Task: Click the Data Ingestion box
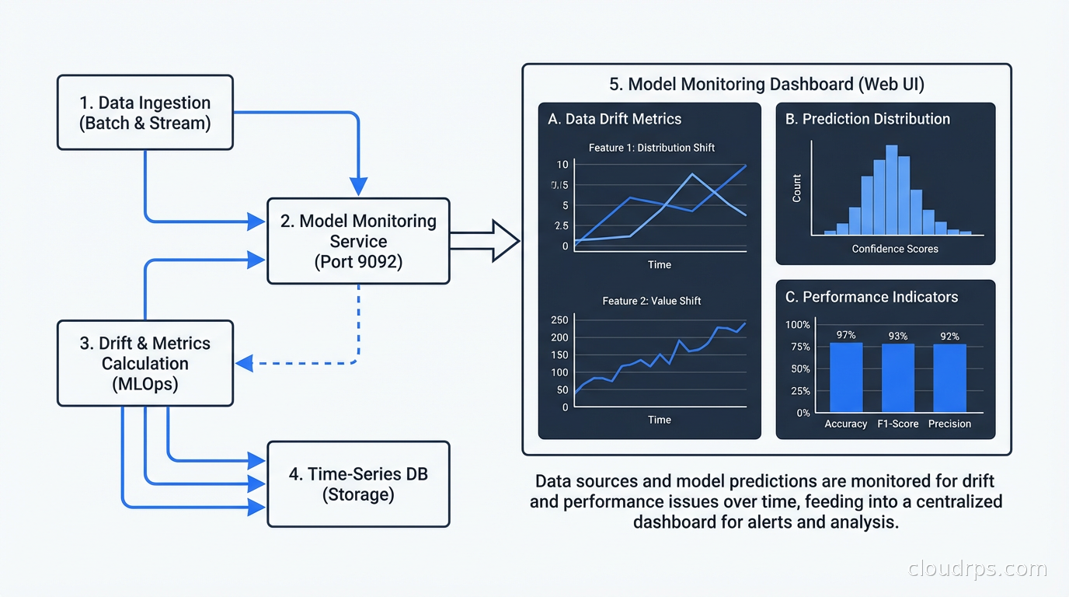(145, 113)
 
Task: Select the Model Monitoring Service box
(358, 241)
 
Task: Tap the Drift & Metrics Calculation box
(145, 363)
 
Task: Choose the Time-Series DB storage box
(358, 484)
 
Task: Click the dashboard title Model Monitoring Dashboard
(765, 84)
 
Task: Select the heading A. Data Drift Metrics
(614, 119)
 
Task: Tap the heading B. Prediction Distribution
(867, 119)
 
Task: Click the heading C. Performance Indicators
(871, 297)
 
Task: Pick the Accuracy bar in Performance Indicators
(846, 377)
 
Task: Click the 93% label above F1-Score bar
(898, 336)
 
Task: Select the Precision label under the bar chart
(949, 424)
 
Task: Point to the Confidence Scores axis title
(895, 249)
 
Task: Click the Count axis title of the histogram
(796, 189)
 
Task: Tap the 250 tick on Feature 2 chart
(559, 320)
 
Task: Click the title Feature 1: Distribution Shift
(651, 148)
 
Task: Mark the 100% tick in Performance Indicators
(797, 325)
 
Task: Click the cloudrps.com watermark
(977, 569)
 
